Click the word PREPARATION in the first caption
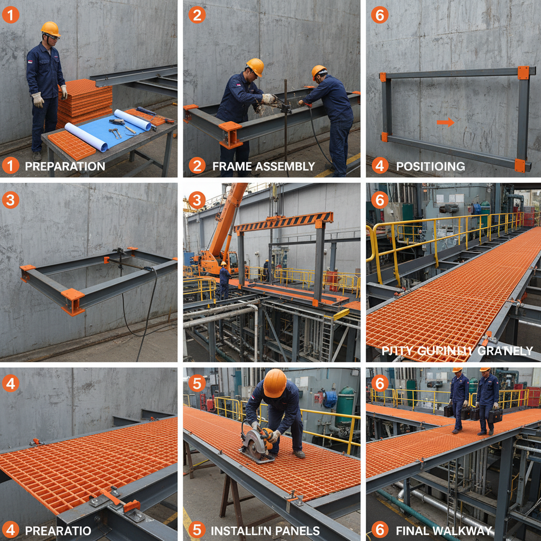tap(65, 166)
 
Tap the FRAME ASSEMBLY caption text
tap(263, 166)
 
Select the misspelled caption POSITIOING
tap(431, 166)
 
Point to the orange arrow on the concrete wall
tap(445, 122)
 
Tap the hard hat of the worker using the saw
tap(275, 383)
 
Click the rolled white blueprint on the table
tap(133, 119)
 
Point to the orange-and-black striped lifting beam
tap(284, 221)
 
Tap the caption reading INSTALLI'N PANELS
tap(264, 530)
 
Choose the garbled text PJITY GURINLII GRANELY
tap(457, 350)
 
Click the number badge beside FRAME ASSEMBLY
tap(197, 166)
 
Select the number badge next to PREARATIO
tap(11, 530)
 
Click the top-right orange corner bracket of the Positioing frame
tap(523, 73)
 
